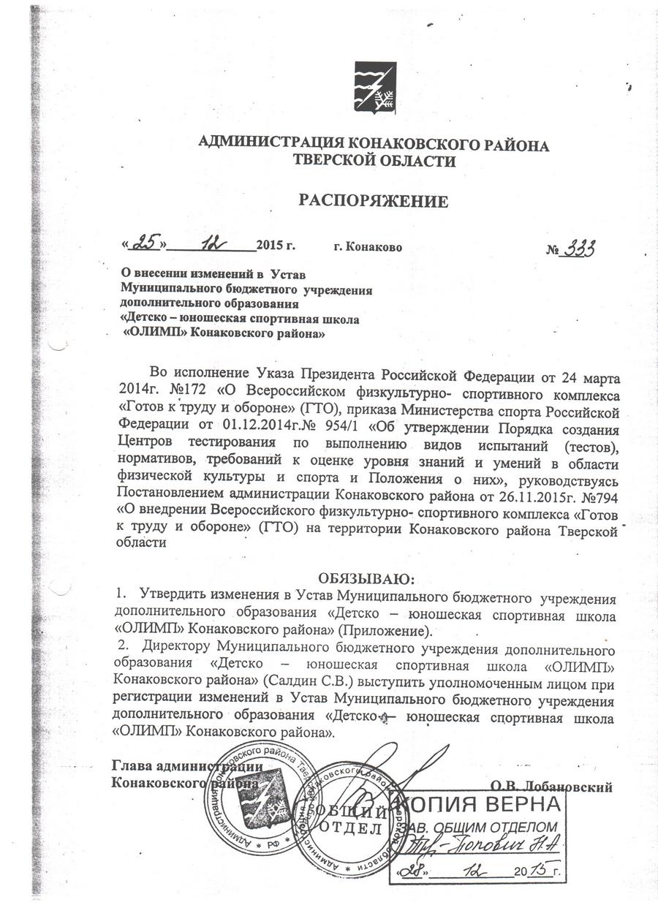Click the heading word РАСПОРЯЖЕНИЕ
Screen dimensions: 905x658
pyautogui.click(x=373, y=200)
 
